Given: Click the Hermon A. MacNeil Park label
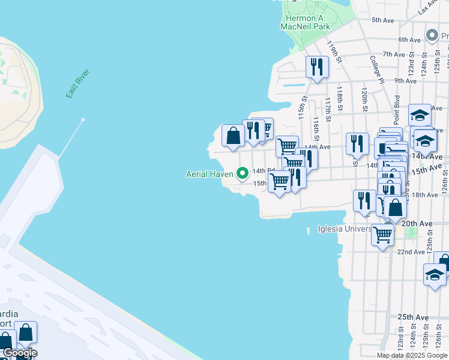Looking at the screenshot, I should pos(305,22).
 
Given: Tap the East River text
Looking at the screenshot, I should pos(77,84).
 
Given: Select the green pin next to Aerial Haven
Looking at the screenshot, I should pos(243,174).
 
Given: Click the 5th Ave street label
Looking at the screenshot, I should pos(382,20).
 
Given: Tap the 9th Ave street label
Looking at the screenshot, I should pos(406,80).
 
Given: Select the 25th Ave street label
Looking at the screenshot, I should pos(412,317).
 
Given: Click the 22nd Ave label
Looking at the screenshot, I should pos(411,251).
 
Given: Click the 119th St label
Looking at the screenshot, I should pos(334,52).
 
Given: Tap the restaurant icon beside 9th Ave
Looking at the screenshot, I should pos(317,67).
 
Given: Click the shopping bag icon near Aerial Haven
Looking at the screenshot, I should pos(233,136).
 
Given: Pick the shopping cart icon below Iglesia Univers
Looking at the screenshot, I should pos(382,235).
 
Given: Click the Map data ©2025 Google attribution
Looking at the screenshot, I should pos(412,355).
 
